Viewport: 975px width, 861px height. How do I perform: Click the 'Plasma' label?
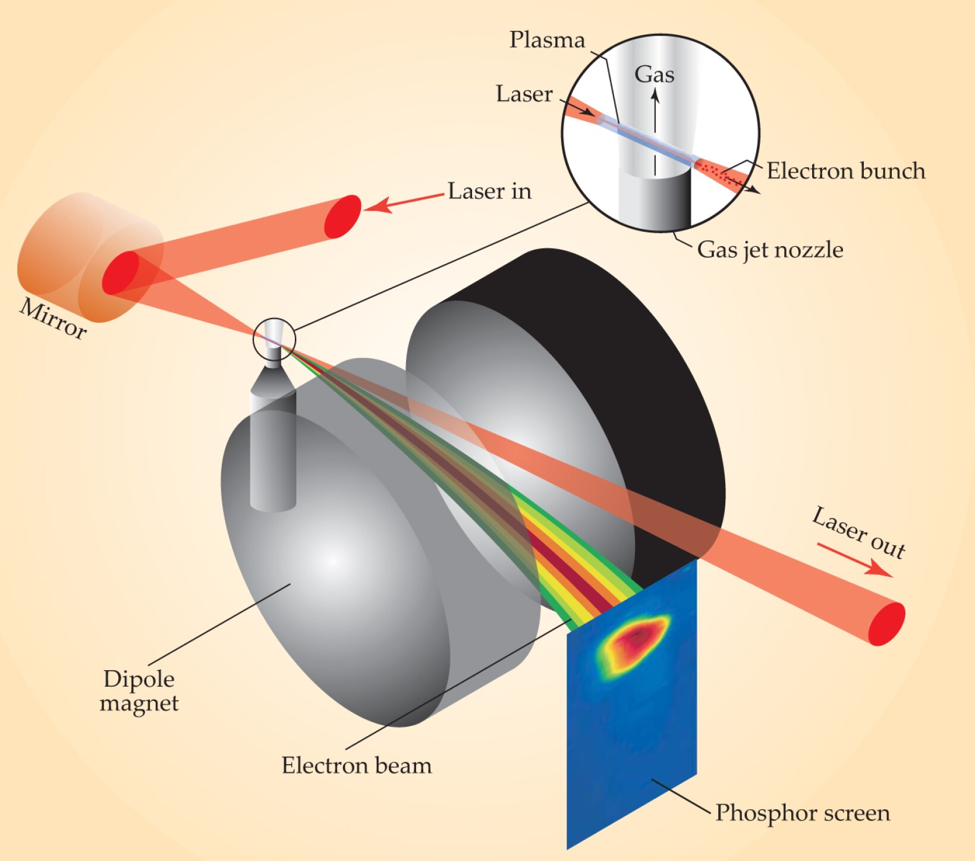pos(547,40)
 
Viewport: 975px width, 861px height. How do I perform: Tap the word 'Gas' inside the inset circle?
pos(655,75)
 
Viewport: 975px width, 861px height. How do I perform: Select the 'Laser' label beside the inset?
pos(524,94)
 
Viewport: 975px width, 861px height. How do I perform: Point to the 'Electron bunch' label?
pos(845,171)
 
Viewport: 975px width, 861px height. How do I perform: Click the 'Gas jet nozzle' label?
pos(770,250)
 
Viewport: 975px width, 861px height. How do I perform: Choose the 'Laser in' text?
pos(489,191)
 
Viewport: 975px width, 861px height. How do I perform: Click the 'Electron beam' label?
pos(357,766)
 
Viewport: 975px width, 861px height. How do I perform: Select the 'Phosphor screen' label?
pos(803,813)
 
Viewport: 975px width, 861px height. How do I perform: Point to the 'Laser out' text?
pos(858,533)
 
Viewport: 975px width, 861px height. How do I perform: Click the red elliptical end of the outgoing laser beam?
pos(886,624)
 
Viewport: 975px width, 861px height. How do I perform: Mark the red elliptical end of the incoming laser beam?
pos(343,216)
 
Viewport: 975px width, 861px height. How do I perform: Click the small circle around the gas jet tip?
pos(274,338)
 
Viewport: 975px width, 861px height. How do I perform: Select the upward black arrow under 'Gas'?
pos(655,131)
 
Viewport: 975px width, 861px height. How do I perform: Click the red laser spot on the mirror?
pos(121,272)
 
